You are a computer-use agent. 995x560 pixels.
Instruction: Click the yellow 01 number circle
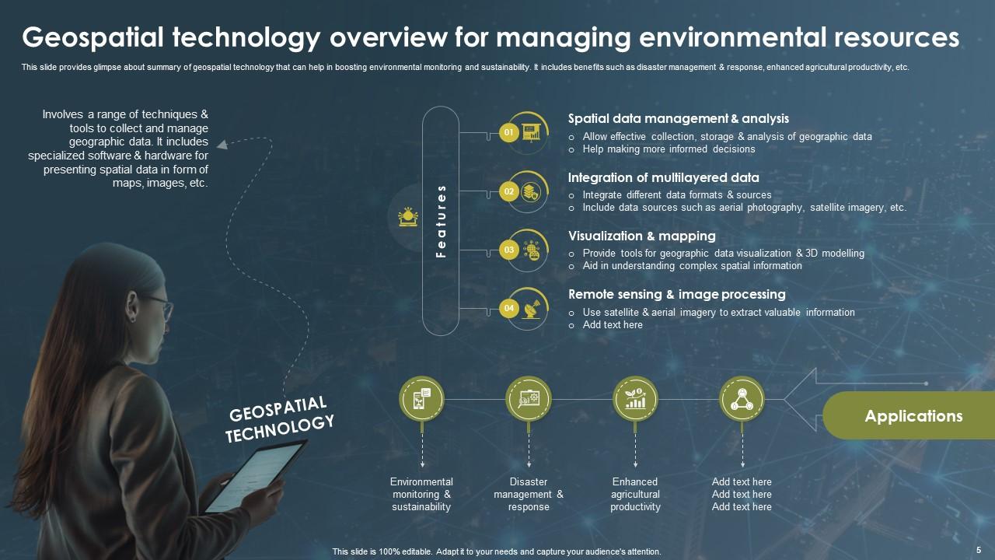508,132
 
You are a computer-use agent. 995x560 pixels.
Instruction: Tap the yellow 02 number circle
508,191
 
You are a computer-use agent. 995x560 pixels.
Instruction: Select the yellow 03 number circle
508,250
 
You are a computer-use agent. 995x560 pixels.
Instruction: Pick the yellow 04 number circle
508,309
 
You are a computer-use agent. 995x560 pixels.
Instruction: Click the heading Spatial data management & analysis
678,119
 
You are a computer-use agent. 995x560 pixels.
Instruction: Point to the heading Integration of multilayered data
663,177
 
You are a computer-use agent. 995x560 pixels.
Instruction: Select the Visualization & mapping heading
641,236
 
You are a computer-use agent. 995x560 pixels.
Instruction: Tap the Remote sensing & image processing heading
676,294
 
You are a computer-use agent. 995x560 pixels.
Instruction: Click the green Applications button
913,416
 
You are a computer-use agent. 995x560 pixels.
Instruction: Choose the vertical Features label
441,221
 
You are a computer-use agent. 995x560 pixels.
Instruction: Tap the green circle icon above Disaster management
529,399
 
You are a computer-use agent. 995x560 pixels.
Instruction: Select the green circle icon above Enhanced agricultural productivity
635,399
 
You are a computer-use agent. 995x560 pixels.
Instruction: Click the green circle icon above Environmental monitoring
421,399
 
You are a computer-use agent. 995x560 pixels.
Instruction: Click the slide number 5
978,550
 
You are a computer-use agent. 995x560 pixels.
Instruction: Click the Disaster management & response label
529,495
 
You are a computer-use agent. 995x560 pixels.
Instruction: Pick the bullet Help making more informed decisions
669,149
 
